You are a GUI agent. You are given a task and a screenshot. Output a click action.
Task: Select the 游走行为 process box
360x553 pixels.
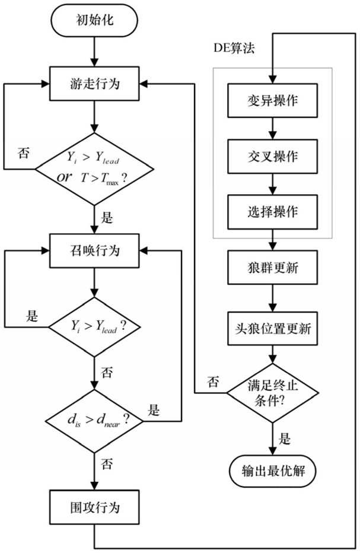(x=95, y=84)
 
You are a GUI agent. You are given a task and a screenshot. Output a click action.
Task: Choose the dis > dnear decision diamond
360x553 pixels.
(x=95, y=421)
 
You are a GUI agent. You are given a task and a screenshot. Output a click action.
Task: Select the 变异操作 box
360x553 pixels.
(x=272, y=101)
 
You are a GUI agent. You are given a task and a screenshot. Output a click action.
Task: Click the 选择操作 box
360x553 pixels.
(x=272, y=212)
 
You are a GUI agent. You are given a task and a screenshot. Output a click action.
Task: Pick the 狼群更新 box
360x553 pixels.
(x=272, y=268)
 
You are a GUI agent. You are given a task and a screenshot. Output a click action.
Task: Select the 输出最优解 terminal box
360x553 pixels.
(x=272, y=471)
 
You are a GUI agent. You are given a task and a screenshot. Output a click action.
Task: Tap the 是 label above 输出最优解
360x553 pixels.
(x=285, y=439)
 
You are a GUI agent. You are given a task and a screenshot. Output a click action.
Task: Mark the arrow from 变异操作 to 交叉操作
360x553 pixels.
(x=272, y=129)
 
